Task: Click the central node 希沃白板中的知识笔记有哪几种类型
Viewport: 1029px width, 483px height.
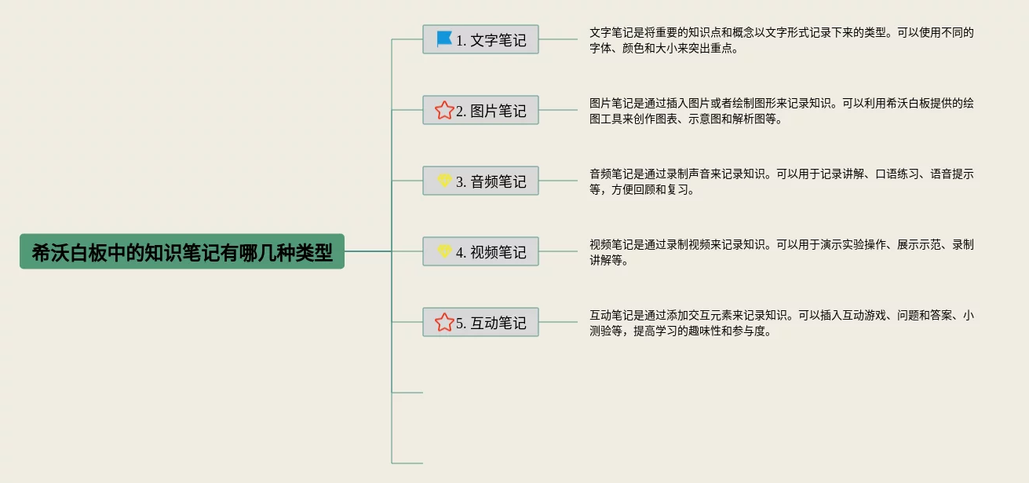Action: point(182,252)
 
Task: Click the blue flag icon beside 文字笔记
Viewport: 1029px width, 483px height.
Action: point(444,38)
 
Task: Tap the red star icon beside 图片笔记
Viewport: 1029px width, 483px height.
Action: point(444,110)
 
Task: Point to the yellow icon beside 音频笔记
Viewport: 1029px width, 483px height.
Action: point(444,181)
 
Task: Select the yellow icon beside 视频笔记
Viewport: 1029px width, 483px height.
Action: point(444,251)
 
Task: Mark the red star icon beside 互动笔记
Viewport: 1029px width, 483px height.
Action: point(444,322)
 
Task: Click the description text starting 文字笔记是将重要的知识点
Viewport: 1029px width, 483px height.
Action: point(781,40)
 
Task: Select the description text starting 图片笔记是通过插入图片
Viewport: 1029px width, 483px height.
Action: point(781,111)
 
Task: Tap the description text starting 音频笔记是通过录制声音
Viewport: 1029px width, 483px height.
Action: point(781,181)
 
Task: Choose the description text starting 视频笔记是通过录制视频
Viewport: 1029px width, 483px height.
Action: point(781,252)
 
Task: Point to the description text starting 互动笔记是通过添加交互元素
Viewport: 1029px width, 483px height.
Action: point(781,323)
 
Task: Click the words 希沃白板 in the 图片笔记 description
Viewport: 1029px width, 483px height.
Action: point(892,103)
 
